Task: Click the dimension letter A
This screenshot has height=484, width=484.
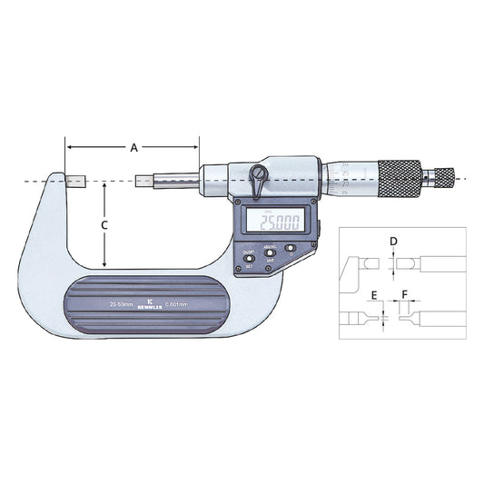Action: [133, 145]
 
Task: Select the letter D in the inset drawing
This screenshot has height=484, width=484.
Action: [392, 242]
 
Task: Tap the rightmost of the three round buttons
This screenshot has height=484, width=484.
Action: [291, 247]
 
